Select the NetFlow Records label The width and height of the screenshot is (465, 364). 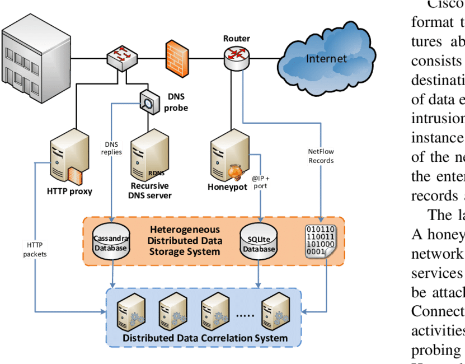[x=321, y=156]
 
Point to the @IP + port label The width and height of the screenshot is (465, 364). [x=260, y=181]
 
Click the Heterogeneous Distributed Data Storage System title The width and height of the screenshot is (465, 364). [x=185, y=241]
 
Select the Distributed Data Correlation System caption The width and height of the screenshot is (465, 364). [x=205, y=338]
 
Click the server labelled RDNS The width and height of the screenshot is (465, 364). [x=148, y=160]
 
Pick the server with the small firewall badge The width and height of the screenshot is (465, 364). [x=69, y=157]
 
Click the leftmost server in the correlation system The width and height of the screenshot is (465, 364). [x=130, y=312]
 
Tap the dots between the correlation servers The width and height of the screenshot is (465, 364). [x=244, y=315]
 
